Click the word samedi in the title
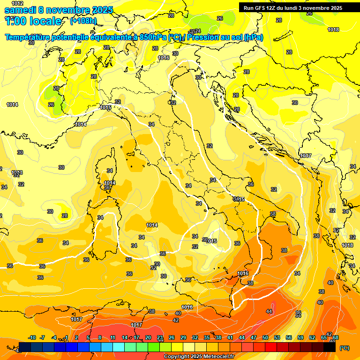coord(20,10)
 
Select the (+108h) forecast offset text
coord(83,21)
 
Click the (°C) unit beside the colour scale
coord(344,348)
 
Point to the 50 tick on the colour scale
coord(265,338)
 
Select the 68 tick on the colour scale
coord(336,338)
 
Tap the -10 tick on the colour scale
coord(32,338)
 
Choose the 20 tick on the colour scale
coord(148,338)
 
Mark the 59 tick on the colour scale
coord(300,338)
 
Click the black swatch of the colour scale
coord(330,347)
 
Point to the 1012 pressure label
coord(17,3)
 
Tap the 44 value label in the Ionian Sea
coord(269,311)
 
